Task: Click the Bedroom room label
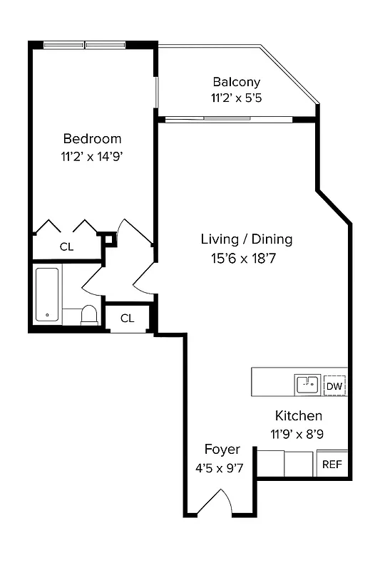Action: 92,139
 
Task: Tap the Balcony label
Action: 236,82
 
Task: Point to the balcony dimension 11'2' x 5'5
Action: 236,98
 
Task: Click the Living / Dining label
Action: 246,239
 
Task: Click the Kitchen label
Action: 299,415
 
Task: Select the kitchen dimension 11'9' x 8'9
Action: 299,432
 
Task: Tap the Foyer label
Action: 222,450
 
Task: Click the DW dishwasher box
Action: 334,386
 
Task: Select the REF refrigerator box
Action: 332,465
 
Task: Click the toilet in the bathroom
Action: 89,314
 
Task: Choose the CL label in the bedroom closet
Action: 66,247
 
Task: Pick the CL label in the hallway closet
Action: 127,318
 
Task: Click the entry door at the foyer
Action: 215,504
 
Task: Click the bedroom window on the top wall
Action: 85,45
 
